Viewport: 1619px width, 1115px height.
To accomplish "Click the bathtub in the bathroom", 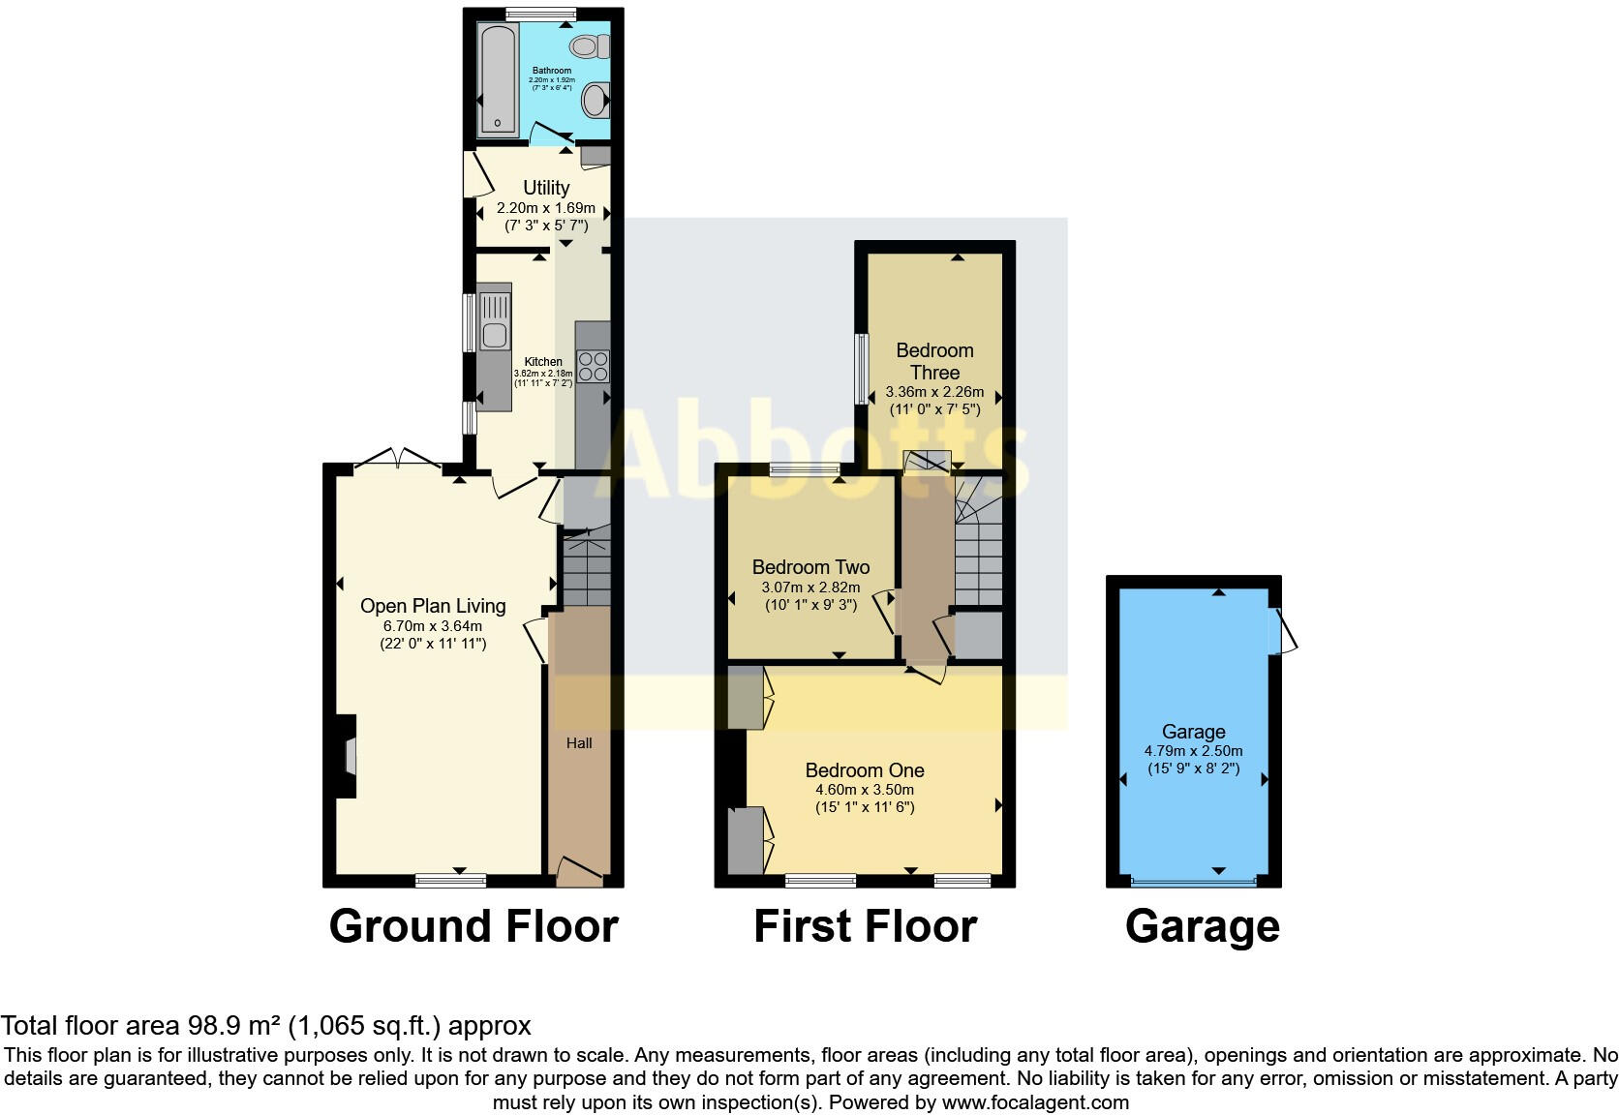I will point(498,78).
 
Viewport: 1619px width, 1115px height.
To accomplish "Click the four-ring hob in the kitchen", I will point(593,366).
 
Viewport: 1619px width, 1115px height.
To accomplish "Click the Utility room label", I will point(546,188).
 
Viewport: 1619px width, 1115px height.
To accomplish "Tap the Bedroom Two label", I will point(810,567).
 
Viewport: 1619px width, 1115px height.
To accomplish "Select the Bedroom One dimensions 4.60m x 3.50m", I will point(865,790).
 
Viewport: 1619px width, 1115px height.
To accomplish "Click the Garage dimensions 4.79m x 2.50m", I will point(1194,751).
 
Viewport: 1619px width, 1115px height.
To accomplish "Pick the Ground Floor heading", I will point(473,926).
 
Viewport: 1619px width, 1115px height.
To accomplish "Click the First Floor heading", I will point(865,926).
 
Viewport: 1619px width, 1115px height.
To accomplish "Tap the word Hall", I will point(579,743).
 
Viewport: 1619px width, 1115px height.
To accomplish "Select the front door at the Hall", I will point(578,871).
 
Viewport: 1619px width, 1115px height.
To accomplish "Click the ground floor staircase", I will point(587,566).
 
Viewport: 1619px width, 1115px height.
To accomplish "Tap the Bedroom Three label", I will point(934,361).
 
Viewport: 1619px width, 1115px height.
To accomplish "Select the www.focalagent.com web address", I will point(1034,1102).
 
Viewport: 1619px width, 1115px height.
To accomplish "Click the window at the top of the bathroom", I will point(540,14).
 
